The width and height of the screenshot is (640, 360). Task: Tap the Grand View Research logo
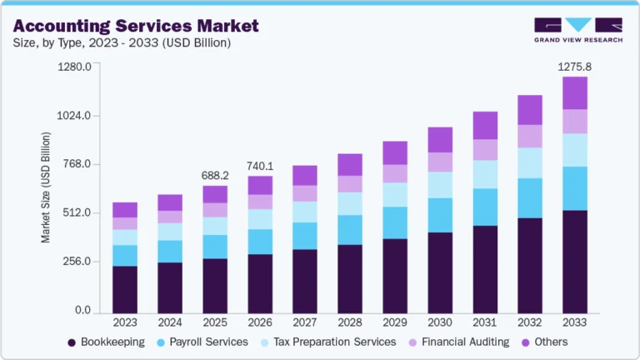pyautogui.click(x=578, y=29)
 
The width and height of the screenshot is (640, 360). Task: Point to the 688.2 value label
pyautogui.click(x=215, y=175)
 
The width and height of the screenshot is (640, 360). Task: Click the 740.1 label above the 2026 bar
pyautogui.click(x=260, y=166)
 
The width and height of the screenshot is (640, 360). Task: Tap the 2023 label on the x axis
pyautogui.click(x=125, y=322)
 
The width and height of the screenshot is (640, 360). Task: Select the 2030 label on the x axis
pyautogui.click(x=439, y=322)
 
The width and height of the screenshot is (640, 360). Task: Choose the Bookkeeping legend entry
pyautogui.click(x=105, y=342)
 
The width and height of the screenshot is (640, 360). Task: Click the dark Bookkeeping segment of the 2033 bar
pyautogui.click(x=574, y=261)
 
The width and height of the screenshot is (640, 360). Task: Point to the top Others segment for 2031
pyautogui.click(x=484, y=125)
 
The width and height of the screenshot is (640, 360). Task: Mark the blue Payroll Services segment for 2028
pyautogui.click(x=350, y=229)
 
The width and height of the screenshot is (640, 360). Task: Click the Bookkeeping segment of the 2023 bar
pyautogui.click(x=125, y=288)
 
